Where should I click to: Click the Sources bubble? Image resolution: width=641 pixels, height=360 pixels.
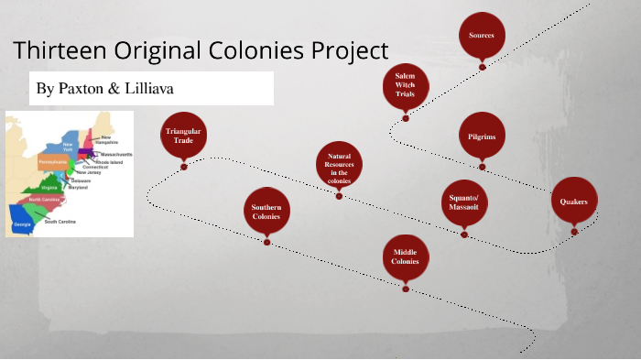[x=482, y=36]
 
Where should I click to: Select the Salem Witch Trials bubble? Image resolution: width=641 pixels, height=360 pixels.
[x=406, y=83]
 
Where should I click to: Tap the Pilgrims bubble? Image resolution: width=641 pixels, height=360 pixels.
[x=482, y=136]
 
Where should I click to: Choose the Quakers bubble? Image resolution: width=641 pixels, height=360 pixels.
[x=573, y=202]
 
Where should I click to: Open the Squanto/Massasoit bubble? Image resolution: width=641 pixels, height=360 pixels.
[x=463, y=203]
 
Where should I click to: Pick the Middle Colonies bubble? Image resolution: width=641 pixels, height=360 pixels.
[x=406, y=256]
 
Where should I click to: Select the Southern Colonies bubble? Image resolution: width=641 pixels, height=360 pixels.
[x=266, y=213]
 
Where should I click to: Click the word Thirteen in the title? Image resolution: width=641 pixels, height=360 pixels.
[x=55, y=49]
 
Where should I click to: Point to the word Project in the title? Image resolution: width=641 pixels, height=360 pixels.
[x=347, y=51]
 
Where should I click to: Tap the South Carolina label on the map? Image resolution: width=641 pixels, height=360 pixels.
[x=60, y=222]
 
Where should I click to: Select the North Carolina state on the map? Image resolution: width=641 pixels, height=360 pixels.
[x=46, y=199]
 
